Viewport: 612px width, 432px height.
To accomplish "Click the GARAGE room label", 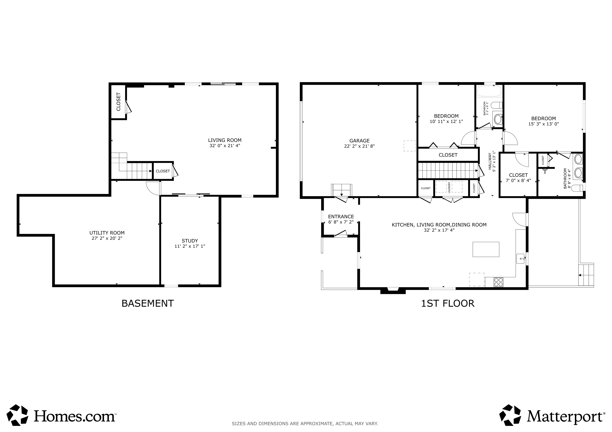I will pos(359,141).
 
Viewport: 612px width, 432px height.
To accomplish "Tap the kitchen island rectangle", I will pos(486,249).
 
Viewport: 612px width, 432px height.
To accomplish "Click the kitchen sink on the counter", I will pos(521,258).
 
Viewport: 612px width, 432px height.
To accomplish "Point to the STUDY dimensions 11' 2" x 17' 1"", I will pos(190,246).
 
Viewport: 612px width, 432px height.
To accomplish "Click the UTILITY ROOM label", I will pos(107,233).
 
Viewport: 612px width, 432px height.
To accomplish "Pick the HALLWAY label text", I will pos(490,161).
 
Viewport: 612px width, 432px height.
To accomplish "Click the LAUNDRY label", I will pos(449,187).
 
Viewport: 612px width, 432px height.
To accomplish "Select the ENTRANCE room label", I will pos(341,216).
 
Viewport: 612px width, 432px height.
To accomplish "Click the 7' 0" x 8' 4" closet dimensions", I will pos(518,180).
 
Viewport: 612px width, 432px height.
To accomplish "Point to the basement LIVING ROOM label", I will pos(225,140).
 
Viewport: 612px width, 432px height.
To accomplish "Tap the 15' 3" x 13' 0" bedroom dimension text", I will pos(543,124).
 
